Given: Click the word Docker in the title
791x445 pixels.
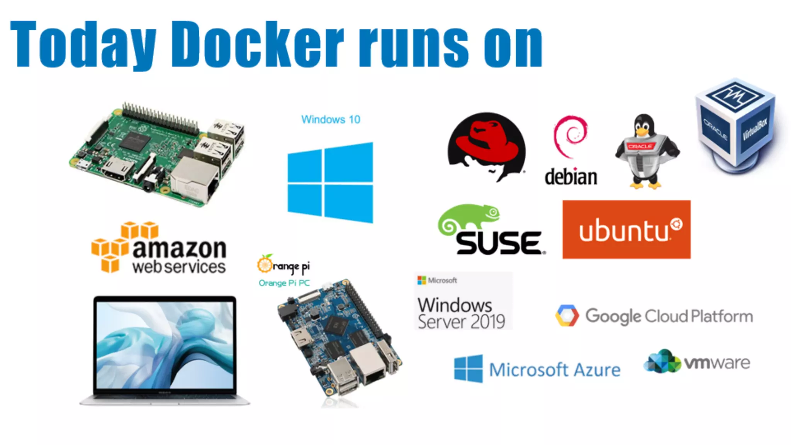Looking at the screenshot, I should click(257, 44).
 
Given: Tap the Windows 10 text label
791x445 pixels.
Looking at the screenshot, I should click(331, 119).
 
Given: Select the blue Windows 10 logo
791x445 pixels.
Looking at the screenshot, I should click(331, 183).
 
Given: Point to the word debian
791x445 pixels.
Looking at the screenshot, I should click(571, 177).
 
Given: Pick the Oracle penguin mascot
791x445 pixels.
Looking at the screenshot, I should click(646, 151).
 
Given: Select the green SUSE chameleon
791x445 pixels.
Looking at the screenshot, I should click(468, 218).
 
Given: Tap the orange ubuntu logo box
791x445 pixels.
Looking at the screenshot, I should click(626, 229).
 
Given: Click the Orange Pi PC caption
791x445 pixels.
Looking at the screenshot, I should click(284, 283).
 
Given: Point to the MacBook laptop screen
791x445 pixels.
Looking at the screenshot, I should click(165, 345).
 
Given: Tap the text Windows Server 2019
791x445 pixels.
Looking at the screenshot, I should click(461, 313).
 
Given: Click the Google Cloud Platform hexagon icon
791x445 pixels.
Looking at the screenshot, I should click(567, 316).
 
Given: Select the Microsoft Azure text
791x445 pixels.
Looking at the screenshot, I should click(555, 370).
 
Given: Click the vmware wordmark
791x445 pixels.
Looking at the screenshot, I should click(717, 363).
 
